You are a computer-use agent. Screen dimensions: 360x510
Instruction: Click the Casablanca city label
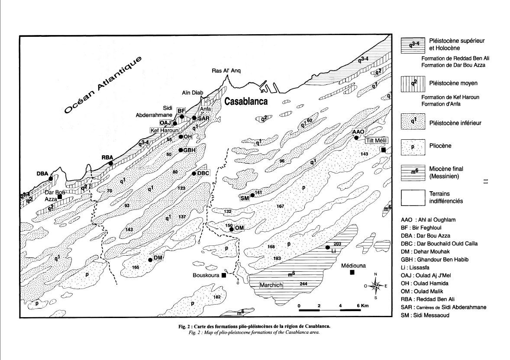[x=245, y=101]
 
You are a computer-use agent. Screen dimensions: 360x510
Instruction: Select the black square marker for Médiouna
[x=352, y=272]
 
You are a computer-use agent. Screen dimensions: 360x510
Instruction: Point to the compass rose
[x=376, y=286]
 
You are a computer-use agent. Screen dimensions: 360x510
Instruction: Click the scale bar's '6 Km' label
[x=363, y=306]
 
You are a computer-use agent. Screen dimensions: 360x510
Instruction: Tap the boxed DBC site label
[x=203, y=173]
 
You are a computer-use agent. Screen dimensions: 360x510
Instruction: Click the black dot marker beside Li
[x=328, y=247]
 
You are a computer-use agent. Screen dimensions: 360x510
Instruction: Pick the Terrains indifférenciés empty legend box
[x=412, y=197]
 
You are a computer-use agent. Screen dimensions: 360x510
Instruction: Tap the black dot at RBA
[x=111, y=163]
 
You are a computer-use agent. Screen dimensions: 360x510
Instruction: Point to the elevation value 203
[x=338, y=244]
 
